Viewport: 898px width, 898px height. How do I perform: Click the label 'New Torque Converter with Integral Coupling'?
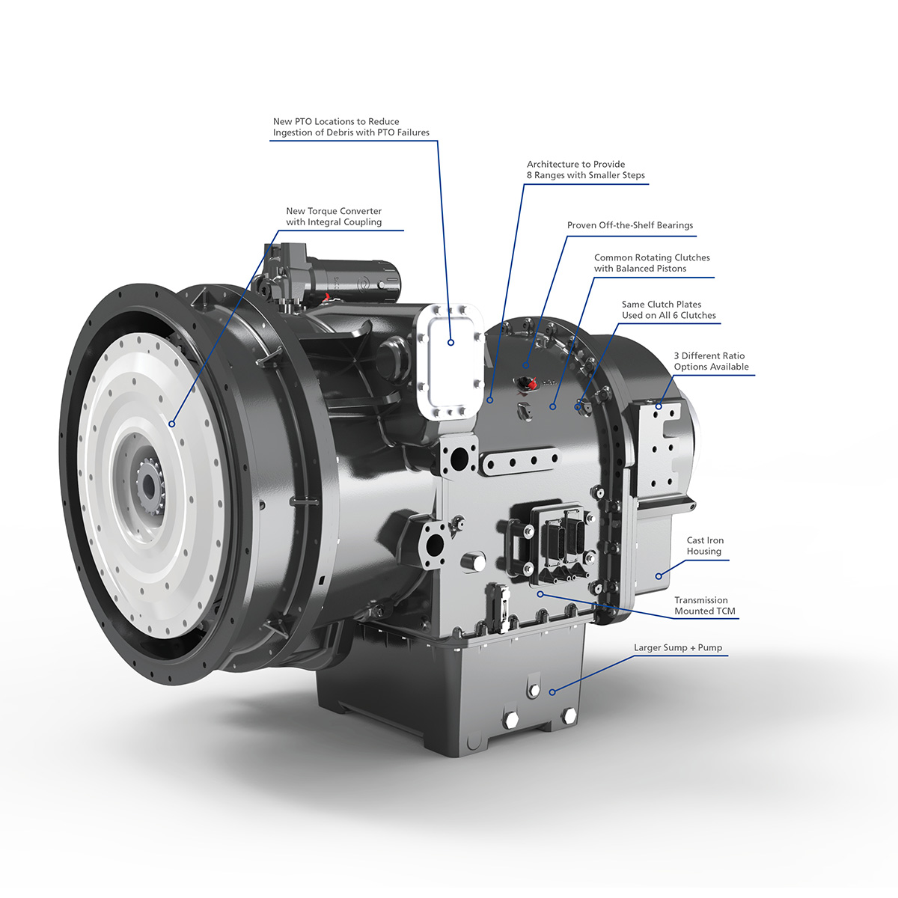pos(334,216)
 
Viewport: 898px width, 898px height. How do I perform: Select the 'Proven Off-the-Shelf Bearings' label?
pos(630,225)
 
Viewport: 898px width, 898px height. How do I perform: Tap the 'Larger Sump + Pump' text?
pos(678,647)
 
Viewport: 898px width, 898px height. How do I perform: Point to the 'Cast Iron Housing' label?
pos(705,546)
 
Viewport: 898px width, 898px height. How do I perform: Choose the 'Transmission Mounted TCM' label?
pos(704,605)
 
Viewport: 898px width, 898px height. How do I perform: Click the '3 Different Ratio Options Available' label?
pos(710,361)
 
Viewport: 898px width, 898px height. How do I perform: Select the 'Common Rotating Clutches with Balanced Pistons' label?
pos(652,263)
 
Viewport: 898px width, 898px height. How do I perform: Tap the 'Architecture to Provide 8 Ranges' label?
pos(585,170)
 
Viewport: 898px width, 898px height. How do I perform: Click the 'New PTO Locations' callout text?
pos(351,126)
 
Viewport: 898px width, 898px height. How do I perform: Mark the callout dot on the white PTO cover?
pos(451,343)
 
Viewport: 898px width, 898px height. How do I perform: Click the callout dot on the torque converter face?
pos(172,424)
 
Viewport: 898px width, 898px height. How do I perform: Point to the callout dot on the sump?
pos(553,692)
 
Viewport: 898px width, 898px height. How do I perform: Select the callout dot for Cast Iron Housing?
pos(659,575)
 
